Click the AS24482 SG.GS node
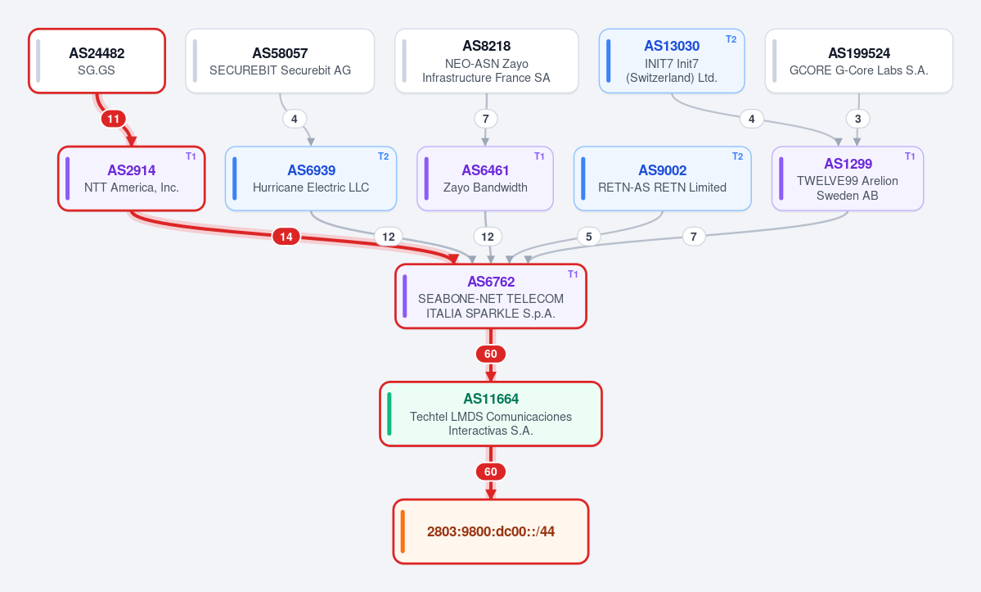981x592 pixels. tap(97, 61)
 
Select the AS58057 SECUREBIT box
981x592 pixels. tap(280, 61)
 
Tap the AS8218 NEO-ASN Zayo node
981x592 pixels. tap(487, 61)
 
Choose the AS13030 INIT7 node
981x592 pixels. tap(672, 61)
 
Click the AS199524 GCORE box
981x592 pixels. tap(859, 61)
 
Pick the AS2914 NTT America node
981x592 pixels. tap(132, 179)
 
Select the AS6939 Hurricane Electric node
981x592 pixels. tap(311, 179)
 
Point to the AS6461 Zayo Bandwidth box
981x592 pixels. tap(485, 179)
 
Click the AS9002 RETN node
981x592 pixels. tap(663, 179)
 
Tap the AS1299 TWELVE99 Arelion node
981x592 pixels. tap(848, 179)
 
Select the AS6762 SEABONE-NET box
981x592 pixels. tap(491, 296)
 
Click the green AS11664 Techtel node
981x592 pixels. tap(491, 413)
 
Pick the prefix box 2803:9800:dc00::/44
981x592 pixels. tap(491, 531)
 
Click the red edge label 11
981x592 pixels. tap(113, 119)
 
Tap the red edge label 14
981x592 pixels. tap(286, 237)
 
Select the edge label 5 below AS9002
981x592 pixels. tap(589, 237)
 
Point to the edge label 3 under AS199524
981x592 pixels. tap(857, 119)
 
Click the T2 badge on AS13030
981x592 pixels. tap(731, 39)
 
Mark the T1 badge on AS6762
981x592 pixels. tap(573, 274)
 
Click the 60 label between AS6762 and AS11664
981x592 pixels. tap(491, 355)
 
